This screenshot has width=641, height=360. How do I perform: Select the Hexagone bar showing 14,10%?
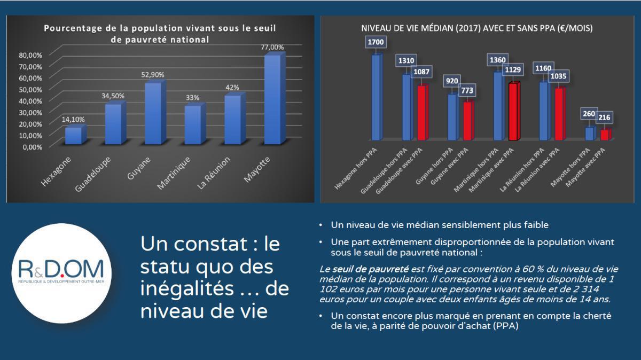point(73,136)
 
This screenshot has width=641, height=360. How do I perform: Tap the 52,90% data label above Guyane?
point(153,75)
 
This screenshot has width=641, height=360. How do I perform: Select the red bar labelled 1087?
point(421,112)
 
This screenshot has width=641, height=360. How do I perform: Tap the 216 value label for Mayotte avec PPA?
point(605,118)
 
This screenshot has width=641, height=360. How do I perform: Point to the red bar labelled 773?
point(467,121)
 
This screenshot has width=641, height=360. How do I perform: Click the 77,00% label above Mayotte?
point(272,48)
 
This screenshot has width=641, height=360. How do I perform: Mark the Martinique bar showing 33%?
point(193,125)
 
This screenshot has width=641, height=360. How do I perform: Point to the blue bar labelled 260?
point(589,133)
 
